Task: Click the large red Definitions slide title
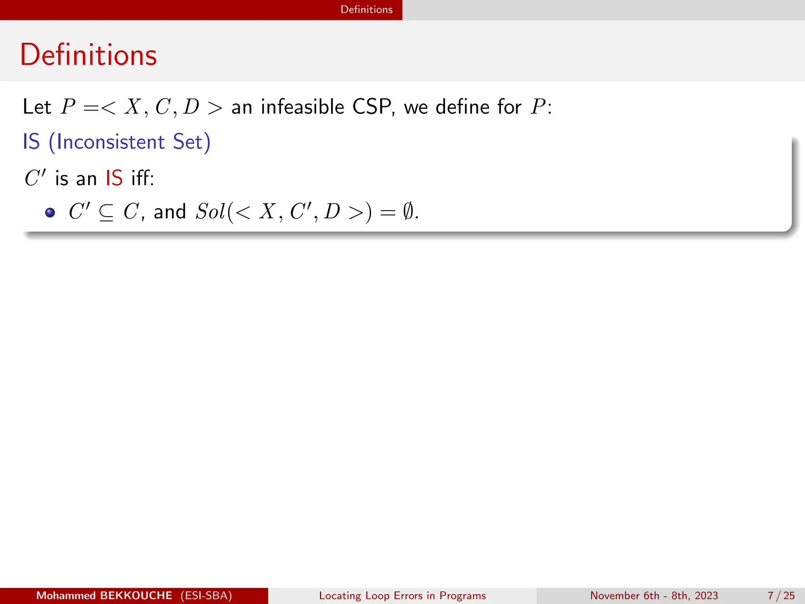88,55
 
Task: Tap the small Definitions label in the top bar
366,9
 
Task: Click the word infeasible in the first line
302,107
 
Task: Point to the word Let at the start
37,107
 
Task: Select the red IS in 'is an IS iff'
114,178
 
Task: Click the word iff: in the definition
142,178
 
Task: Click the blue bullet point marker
50,213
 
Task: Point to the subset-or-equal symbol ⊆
106,213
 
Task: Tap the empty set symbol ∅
408,212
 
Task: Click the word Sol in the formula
210,212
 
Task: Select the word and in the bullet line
170,212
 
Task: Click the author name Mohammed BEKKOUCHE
104,596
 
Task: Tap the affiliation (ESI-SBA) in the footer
206,596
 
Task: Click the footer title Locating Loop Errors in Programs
402,596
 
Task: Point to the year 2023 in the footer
706,596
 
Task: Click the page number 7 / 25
781,596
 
